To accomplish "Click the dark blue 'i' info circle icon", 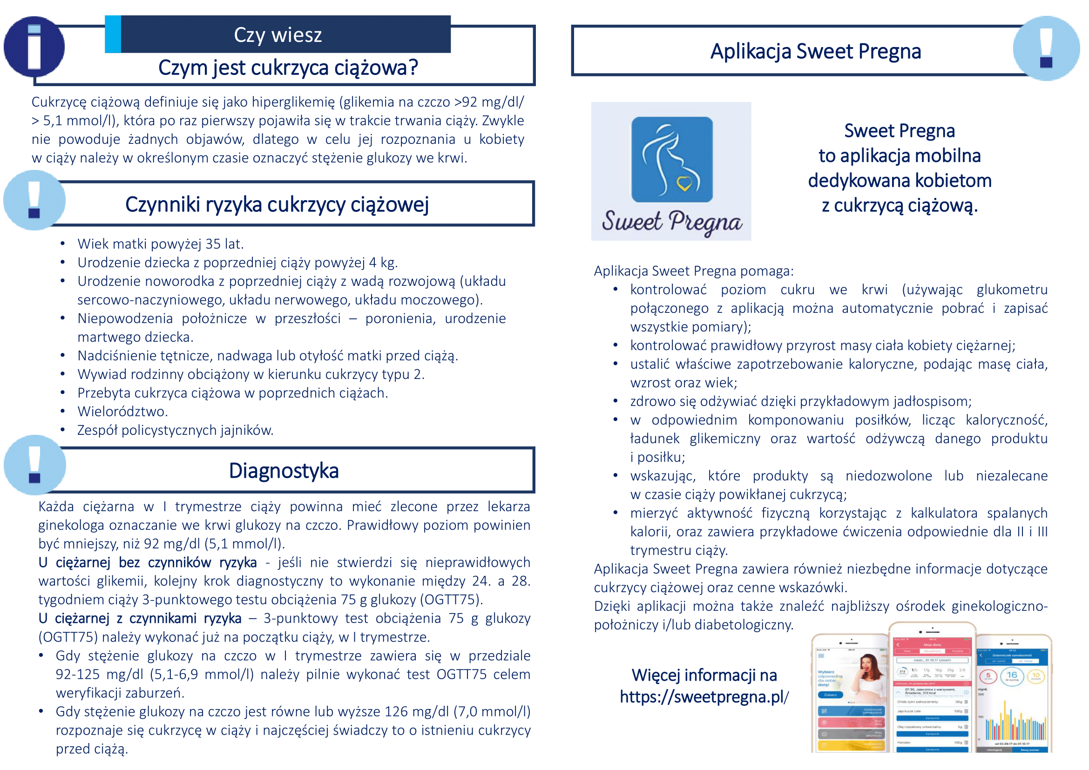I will tap(34, 47).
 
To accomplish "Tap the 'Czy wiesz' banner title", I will tap(277, 34).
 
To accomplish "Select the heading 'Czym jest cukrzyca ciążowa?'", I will tap(288, 68).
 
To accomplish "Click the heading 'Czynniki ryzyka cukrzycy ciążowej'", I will tap(277, 205).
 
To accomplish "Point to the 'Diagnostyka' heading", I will tap(284, 471).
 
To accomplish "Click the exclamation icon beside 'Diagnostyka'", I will tap(34, 465).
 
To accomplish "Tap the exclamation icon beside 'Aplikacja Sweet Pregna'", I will tap(1046, 48).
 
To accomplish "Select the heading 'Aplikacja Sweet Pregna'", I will tap(815, 51).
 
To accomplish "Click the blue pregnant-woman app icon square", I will tap(672, 159).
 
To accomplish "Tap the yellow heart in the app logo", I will tap(684, 183).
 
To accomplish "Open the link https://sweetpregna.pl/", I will tap(704, 696).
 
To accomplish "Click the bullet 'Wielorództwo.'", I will tap(122, 412).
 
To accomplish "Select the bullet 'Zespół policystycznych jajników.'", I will tap(175, 430).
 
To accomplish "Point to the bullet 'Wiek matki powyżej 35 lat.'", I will tap(160, 243).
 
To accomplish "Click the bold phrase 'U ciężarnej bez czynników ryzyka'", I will tap(147, 562).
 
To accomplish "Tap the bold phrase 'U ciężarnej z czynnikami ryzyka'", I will tap(140, 618).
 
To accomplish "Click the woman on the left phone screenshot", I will tap(869, 673).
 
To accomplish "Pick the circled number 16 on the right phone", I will tap(1012, 675).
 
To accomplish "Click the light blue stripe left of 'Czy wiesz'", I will tap(113, 34).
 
